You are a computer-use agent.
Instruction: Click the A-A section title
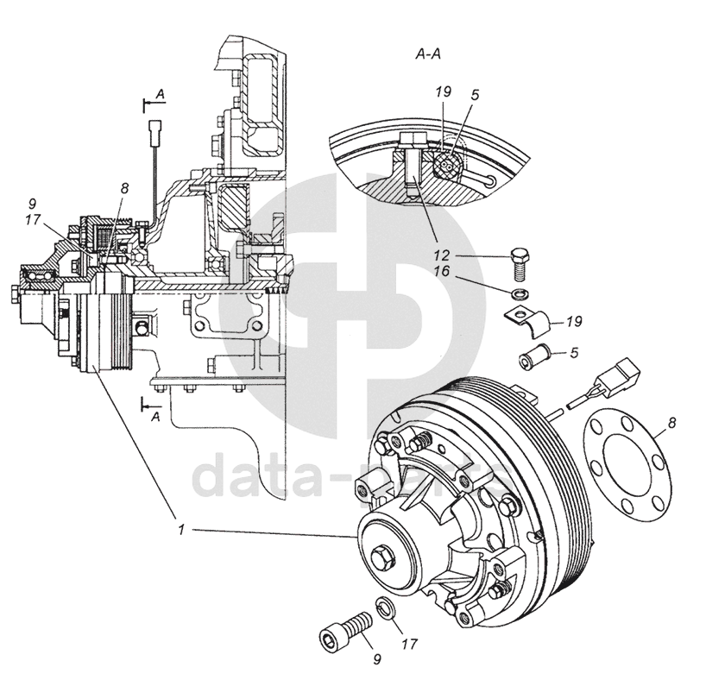pyautogui.click(x=429, y=54)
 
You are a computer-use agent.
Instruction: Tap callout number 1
pyautogui.click(x=182, y=531)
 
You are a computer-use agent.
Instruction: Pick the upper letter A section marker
pyautogui.click(x=160, y=91)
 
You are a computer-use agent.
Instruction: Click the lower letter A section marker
pyautogui.click(x=155, y=416)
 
